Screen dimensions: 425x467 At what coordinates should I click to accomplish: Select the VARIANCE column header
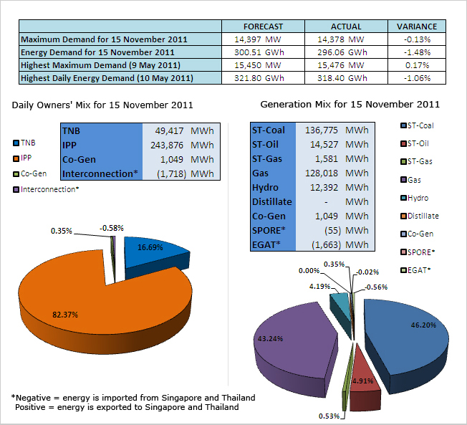click(417, 26)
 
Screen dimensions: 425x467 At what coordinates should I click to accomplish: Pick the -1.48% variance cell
click(417, 52)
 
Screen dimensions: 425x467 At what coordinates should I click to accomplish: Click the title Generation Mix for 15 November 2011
click(350, 105)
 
